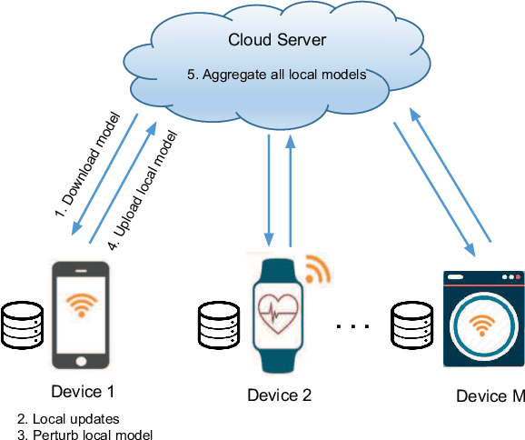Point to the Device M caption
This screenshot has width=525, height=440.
tap(490, 395)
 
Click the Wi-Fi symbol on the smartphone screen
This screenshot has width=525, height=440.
tap(82, 305)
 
